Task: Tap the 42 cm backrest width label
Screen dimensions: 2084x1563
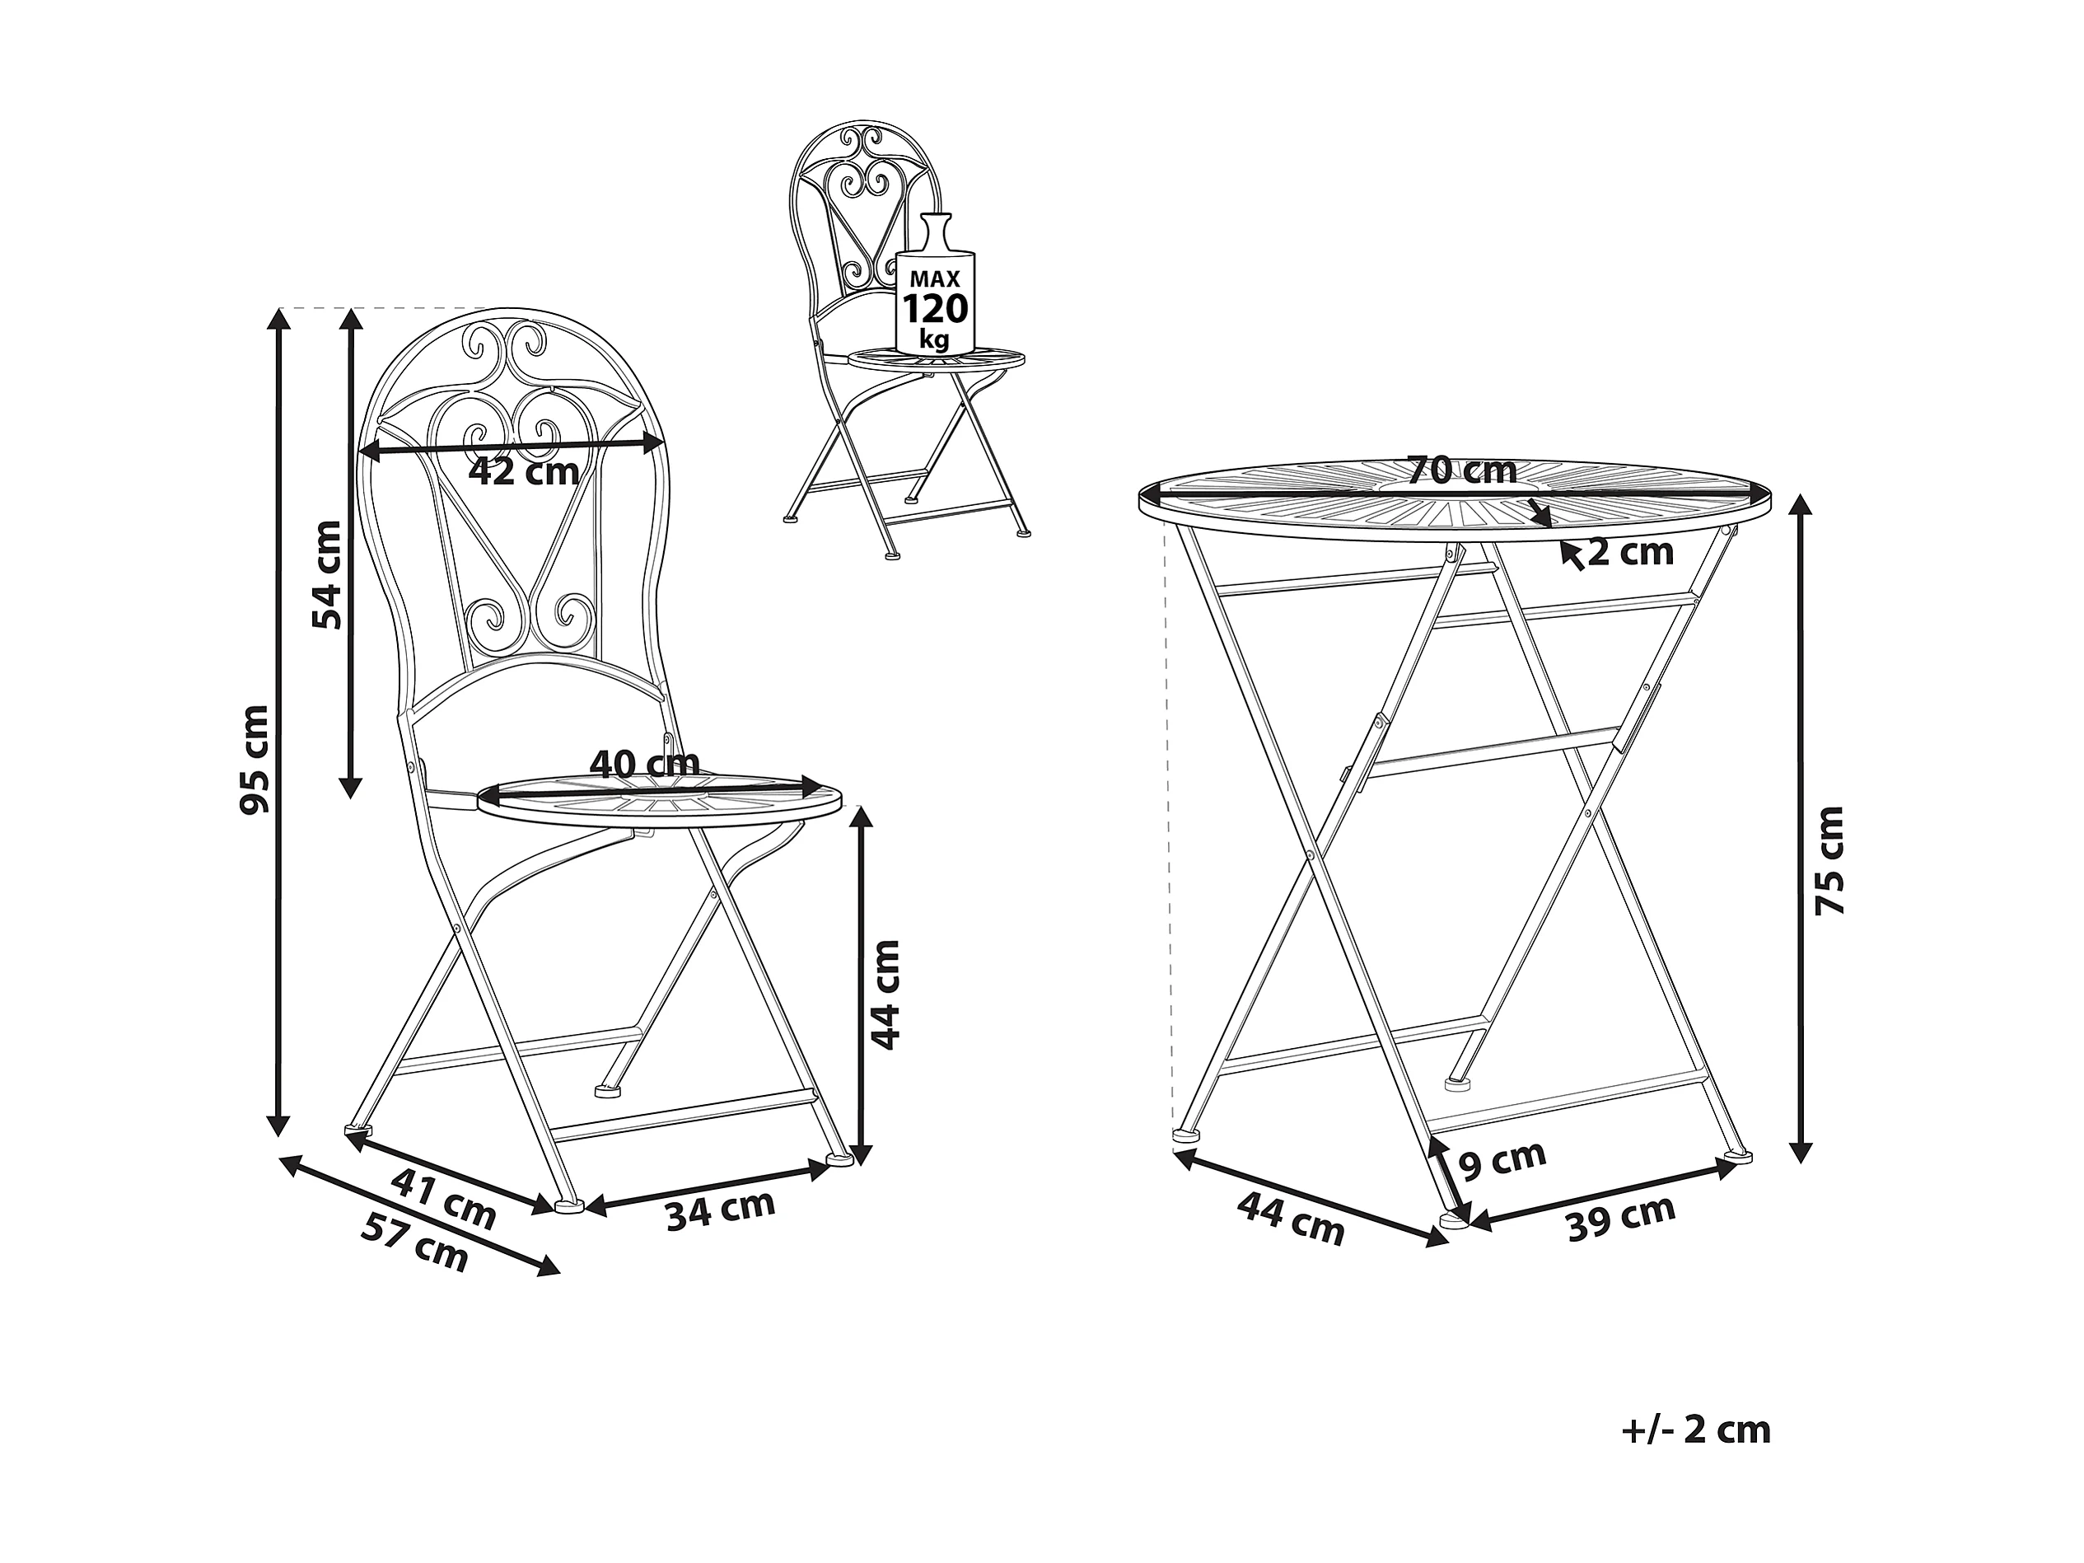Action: tap(524, 471)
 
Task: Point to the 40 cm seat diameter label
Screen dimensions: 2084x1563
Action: tap(644, 763)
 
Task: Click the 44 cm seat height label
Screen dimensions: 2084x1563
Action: tap(885, 994)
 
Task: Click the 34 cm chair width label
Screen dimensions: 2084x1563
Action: tap(721, 1210)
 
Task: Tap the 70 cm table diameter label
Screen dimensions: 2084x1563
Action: tap(1462, 469)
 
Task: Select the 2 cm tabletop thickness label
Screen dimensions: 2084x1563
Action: tap(1630, 552)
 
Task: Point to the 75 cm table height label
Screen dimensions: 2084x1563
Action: tap(1829, 860)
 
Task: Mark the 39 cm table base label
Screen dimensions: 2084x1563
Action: tap(1620, 1217)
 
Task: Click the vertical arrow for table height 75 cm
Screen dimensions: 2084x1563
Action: tap(1801, 829)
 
